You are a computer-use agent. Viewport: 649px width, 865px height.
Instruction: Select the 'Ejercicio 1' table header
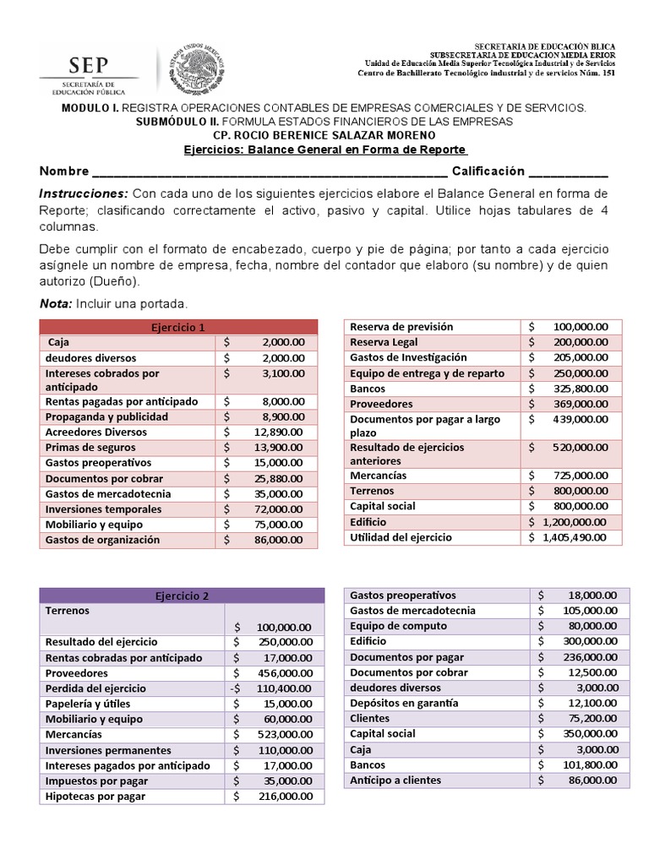pos(177,327)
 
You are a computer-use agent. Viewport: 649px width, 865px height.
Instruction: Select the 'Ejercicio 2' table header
pos(182,596)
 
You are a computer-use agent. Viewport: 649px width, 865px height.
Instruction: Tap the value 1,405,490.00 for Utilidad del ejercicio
pos(575,537)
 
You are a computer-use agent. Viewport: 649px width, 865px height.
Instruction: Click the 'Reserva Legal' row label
pos(384,342)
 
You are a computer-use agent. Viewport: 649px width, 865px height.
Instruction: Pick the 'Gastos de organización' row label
pos(102,540)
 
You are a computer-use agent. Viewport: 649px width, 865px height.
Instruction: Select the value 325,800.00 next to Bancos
pos(580,389)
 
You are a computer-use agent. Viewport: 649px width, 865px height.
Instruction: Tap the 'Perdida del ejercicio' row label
pos(95,688)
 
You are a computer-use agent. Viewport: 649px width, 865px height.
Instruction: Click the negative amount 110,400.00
pos(282,688)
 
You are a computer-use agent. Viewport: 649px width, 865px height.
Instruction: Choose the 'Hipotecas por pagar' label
pos(95,796)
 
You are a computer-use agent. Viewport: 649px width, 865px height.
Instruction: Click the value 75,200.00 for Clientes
pos(591,718)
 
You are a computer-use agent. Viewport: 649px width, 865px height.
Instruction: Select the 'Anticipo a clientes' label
pos(396,780)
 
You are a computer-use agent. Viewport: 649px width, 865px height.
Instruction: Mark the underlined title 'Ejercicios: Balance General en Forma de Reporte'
pos(325,149)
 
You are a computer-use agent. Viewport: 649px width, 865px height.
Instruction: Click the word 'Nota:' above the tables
pos(56,303)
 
